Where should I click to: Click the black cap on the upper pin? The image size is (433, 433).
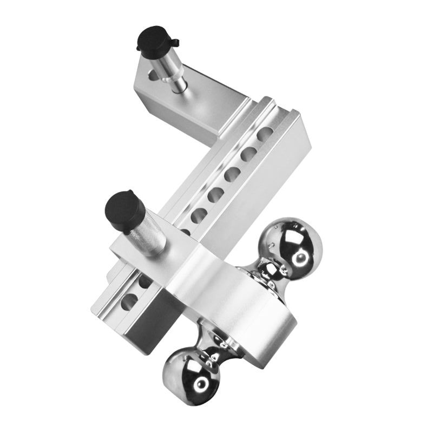(153, 39)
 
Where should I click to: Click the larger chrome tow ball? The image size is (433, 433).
(293, 247)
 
